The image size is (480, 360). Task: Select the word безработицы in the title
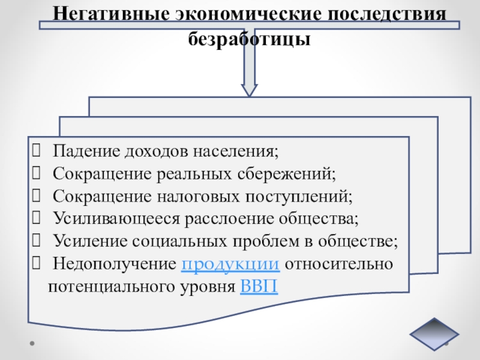point(250,40)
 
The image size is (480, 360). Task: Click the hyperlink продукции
point(230,264)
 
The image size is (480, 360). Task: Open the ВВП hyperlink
point(259,286)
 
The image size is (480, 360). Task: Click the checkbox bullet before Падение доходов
point(37,151)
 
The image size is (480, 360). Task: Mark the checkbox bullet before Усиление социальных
point(37,241)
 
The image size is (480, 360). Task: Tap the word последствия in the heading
point(384,13)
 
